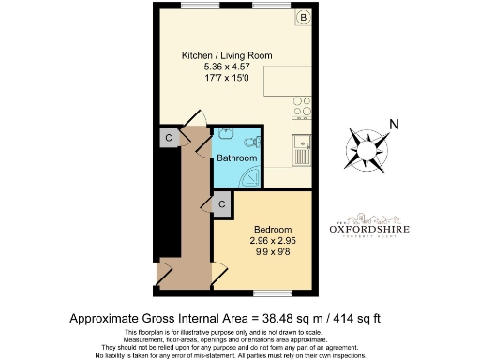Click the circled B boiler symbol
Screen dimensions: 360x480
(x=304, y=18)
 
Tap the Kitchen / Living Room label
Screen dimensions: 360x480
(x=227, y=56)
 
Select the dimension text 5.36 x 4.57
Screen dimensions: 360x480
(x=227, y=67)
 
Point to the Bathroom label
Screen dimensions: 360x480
(x=237, y=158)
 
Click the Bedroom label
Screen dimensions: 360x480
(x=273, y=231)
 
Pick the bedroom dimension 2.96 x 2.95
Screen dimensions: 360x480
(x=273, y=242)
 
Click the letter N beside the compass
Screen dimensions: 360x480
(x=395, y=126)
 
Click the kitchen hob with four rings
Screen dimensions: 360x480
(x=303, y=110)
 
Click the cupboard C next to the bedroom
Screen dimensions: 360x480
(x=222, y=202)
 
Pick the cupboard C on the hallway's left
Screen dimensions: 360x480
(x=168, y=138)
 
